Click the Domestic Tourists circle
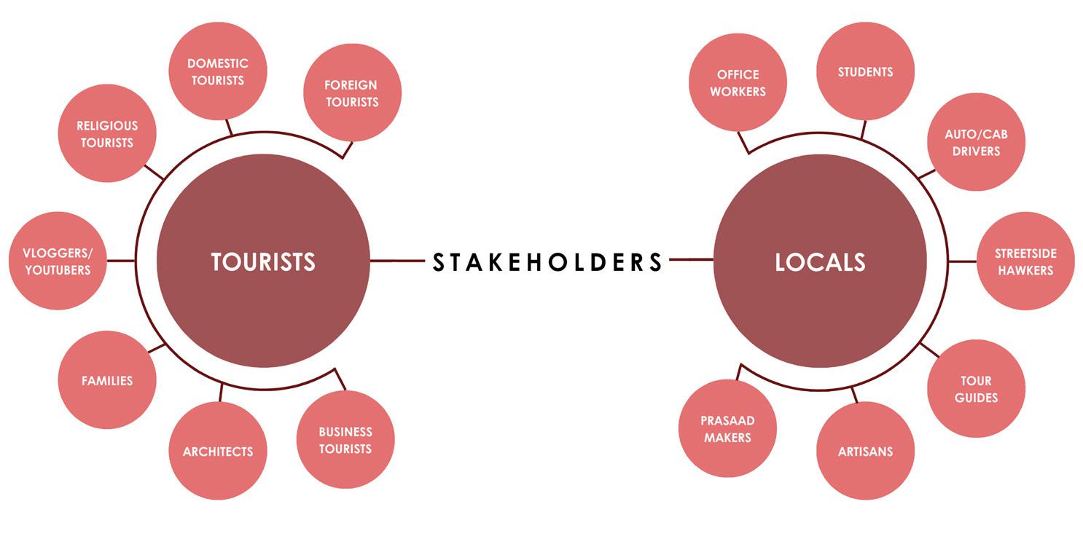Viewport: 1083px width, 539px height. point(218,71)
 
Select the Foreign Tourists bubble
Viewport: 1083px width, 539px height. point(352,93)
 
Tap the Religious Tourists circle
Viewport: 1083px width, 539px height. point(107,133)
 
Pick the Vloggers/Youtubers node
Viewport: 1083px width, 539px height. point(58,261)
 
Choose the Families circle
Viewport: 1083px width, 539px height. point(107,380)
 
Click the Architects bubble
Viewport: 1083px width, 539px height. point(218,451)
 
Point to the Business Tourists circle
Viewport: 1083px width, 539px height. point(345,439)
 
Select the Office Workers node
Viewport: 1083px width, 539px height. point(738,82)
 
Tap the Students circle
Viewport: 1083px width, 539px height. point(865,71)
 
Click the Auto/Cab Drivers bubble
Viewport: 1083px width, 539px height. point(976,142)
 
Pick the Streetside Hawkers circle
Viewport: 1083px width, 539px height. point(1025,261)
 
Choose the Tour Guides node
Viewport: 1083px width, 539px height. point(976,389)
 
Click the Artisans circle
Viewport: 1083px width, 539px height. point(865,451)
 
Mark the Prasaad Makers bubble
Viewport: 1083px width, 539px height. point(727,428)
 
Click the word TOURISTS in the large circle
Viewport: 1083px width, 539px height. point(264,262)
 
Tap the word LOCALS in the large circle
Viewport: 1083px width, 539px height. point(820,262)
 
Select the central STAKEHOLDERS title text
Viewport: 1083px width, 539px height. point(547,262)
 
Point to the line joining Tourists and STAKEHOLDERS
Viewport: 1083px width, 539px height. point(397,261)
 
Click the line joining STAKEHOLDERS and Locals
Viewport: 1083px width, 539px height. point(692,259)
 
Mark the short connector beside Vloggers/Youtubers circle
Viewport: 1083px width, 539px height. point(121,261)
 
